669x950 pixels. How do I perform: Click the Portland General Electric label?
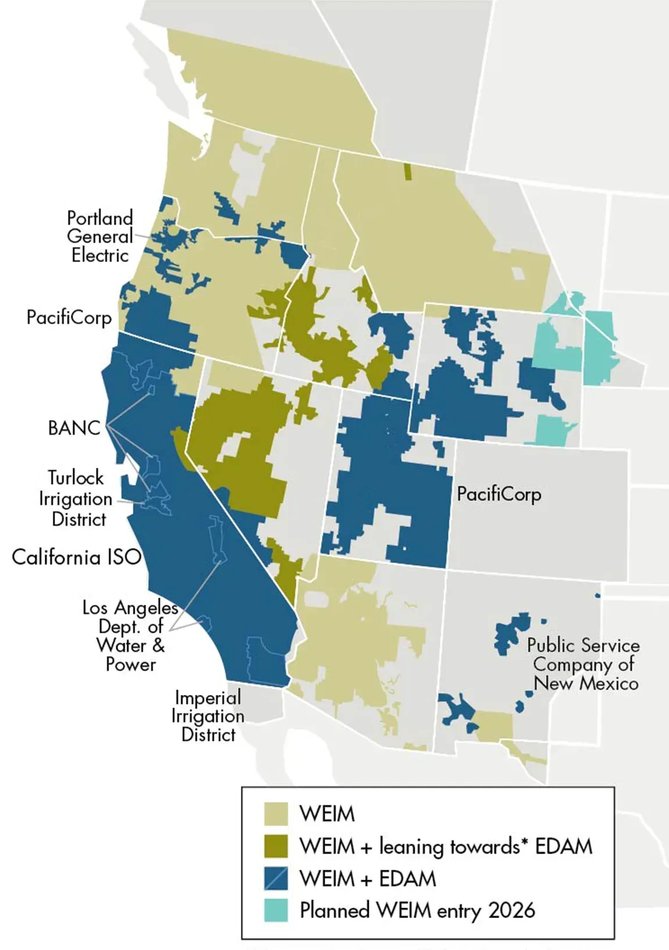(x=100, y=236)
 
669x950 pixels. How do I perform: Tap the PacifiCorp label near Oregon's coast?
(x=69, y=317)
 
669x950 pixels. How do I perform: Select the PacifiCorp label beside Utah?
(x=499, y=494)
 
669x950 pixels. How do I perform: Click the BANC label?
(x=74, y=428)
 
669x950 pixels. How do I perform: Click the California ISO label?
(x=76, y=557)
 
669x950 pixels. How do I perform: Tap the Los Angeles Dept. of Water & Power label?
(x=130, y=636)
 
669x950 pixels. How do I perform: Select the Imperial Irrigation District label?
(x=208, y=716)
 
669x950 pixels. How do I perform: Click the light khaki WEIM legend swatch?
(x=276, y=814)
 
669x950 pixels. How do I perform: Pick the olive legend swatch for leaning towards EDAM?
(x=276, y=846)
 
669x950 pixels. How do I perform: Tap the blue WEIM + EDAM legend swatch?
(x=276, y=879)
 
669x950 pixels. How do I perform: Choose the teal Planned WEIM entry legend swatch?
(x=276, y=910)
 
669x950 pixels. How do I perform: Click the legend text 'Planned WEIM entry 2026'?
(x=417, y=910)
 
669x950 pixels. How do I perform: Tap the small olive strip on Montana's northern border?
(x=408, y=171)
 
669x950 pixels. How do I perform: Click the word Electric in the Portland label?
(x=100, y=255)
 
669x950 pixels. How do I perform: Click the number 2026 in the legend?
(x=511, y=910)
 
